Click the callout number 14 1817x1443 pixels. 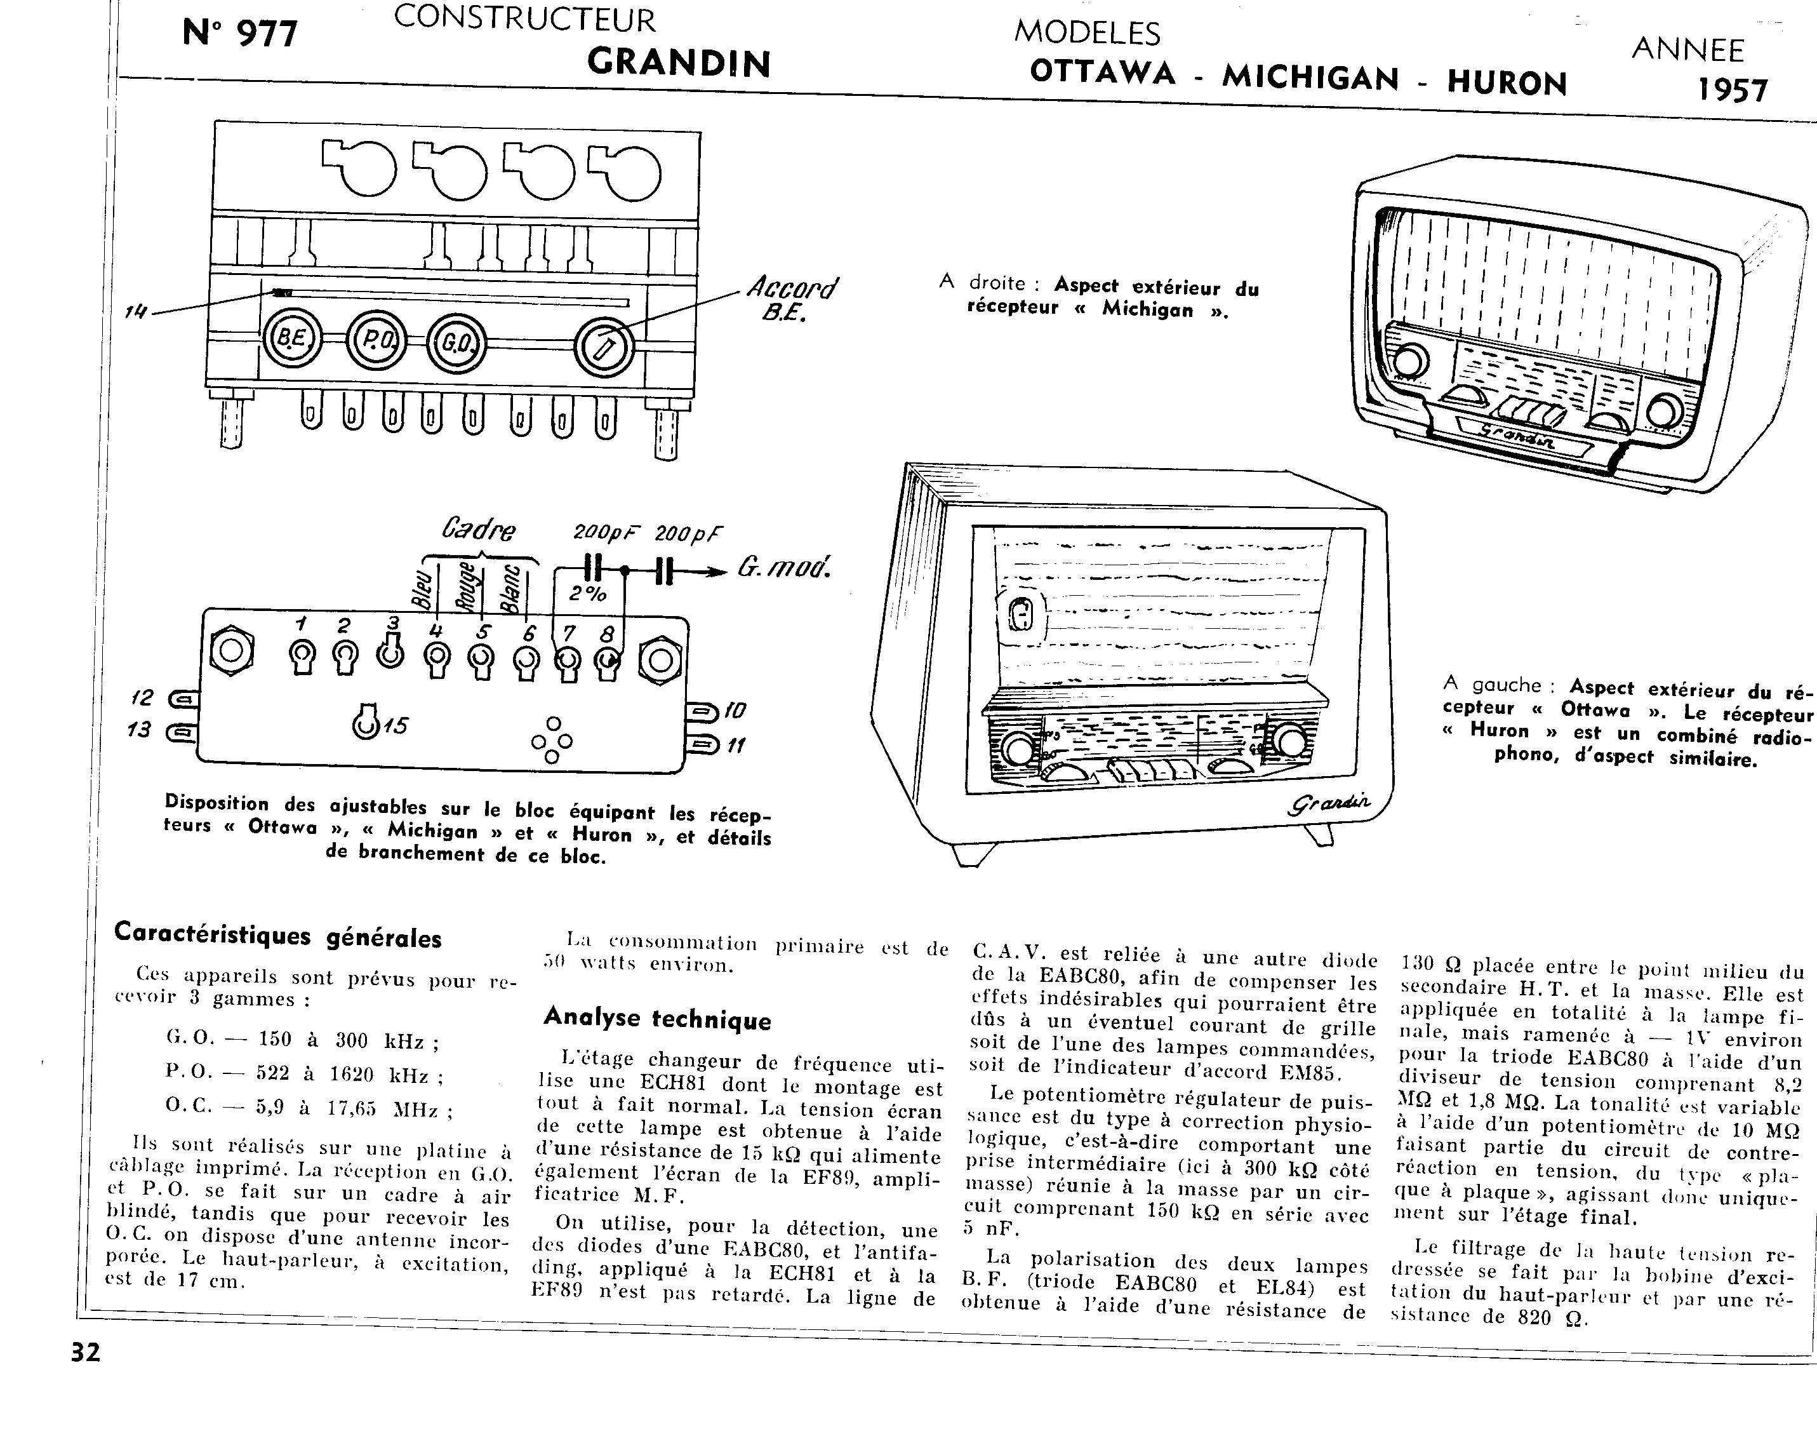[135, 312]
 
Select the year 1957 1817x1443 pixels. [1732, 90]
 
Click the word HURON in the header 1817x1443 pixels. [1507, 83]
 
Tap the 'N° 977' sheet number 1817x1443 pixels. [240, 34]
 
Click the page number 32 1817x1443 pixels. [85, 1353]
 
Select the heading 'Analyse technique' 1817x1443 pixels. [657, 1019]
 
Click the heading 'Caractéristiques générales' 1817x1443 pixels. [278, 936]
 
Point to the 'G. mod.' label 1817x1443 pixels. [784, 567]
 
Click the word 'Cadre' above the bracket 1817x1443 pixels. [479, 529]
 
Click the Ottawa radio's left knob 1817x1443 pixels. [1019, 748]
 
